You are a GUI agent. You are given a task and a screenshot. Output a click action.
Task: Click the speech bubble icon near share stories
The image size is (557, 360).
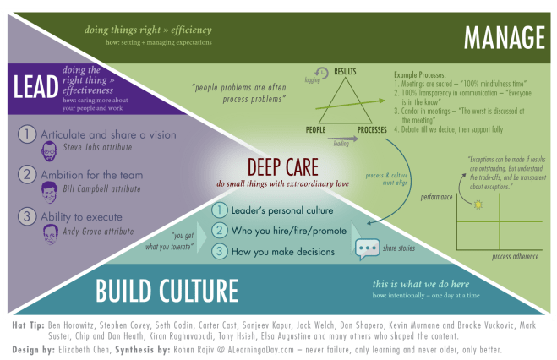[x=367, y=249]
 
